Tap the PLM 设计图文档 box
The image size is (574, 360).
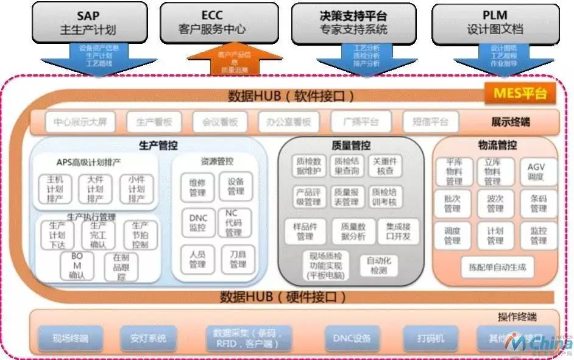[495, 22]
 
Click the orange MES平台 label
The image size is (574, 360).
[519, 94]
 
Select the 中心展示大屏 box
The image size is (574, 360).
[79, 122]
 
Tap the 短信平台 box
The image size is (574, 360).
[430, 122]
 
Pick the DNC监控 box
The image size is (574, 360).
[197, 222]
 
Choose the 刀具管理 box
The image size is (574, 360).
[237, 259]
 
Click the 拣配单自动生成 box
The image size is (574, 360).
[497, 266]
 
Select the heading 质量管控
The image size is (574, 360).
[351, 146]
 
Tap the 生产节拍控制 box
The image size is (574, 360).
[140, 235]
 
